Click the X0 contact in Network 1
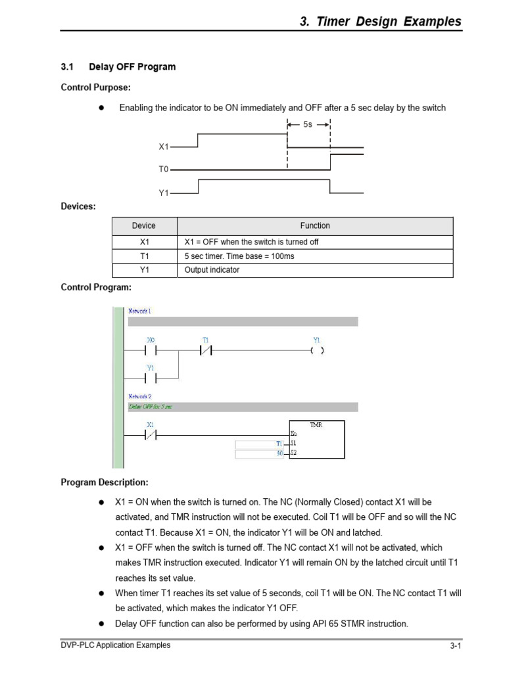point(151,351)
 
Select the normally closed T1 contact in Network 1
point(206,351)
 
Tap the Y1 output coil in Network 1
point(317,351)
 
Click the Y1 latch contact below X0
point(151,379)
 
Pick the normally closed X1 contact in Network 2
point(151,434)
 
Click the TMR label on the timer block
point(316,425)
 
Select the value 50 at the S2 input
point(279,453)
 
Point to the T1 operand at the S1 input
point(279,444)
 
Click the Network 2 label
point(139,396)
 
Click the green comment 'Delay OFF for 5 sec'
point(151,407)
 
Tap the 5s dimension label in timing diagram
point(308,124)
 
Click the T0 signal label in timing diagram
point(163,170)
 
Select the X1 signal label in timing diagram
point(163,148)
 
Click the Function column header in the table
point(315,225)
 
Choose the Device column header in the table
point(143,225)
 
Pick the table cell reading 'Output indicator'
point(212,270)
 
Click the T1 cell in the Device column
point(143,256)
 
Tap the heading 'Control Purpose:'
point(95,87)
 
